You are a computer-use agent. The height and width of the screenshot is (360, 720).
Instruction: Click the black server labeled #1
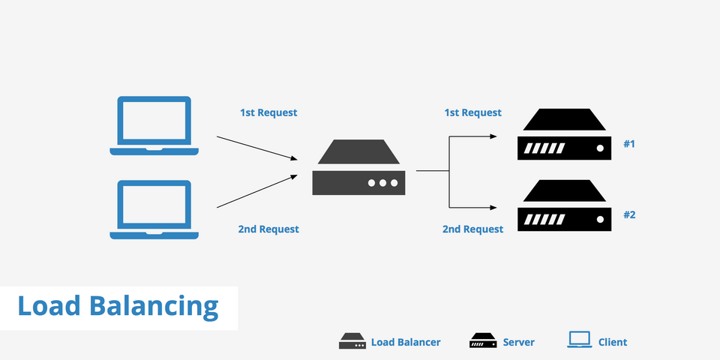(x=564, y=148)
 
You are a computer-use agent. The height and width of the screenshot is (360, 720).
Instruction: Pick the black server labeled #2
(x=564, y=219)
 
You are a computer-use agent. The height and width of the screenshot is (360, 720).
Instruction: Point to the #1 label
(x=629, y=144)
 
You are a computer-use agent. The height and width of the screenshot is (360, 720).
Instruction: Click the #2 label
(x=629, y=214)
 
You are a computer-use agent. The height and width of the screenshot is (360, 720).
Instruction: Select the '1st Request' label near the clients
(x=268, y=112)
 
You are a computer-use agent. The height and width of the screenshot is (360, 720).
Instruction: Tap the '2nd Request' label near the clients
(x=268, y=229)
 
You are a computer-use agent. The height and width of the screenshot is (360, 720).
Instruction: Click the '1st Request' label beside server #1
(x=473, y=112)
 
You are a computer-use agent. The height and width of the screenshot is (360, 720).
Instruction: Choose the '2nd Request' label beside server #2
(x=473, y=229)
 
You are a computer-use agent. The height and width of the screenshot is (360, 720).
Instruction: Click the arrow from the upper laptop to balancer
(x=257, y=148)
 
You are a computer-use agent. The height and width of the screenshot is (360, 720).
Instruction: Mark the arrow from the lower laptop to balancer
(x=257, y=191)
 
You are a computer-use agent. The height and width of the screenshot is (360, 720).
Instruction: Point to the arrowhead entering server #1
(x=493, y=136)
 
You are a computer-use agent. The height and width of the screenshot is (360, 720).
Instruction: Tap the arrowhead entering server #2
(x=493, y=208)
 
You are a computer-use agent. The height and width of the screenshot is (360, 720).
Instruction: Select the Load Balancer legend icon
(x=352, y=341)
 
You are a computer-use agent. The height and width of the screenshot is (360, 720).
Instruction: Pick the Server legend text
(x=518, y=342)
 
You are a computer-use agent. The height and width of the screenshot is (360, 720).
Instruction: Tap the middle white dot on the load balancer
(x=382, y=183)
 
